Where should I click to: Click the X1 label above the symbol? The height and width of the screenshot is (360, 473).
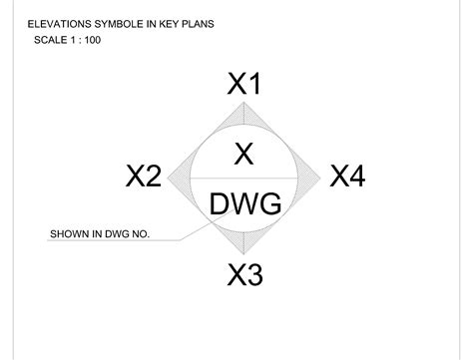click(x=244, y=85)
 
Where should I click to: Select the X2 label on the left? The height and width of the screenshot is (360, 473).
click(x=144, y=178)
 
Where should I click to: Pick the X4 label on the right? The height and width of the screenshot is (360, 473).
click(x=347, y=178)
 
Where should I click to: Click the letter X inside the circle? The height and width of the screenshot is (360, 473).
click(x=244, y=154)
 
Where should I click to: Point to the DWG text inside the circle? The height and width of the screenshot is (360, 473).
click(x=245, y=204)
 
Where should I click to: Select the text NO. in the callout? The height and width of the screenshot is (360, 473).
click(x=140, y=235)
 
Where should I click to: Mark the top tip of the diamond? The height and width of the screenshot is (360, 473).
click(x=245, y=104)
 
